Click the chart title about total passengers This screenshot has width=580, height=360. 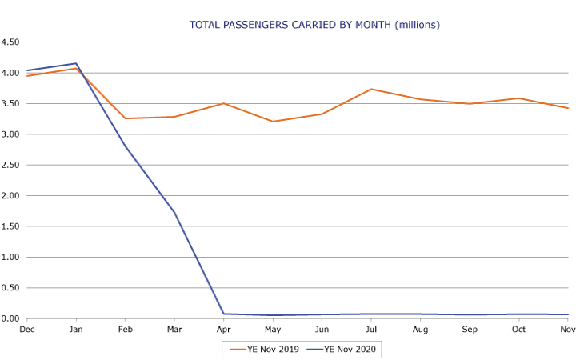point(314,25)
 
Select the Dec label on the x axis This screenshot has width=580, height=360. point(26,330)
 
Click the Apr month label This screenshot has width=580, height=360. point(223,330)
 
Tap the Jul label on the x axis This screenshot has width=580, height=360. point(371,330)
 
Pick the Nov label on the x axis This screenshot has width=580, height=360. point(568,330)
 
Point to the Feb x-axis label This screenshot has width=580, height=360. point(125,330)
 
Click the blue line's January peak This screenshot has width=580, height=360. point(76,63)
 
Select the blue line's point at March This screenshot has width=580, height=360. point(174,213)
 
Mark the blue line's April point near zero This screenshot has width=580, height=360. point(223,314)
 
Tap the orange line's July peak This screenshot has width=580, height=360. point(371,89)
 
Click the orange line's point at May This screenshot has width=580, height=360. point(273,122)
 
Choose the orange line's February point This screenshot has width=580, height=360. point(125,118)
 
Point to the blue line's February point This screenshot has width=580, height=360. point(125,146)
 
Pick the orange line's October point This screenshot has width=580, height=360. point(518,98)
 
